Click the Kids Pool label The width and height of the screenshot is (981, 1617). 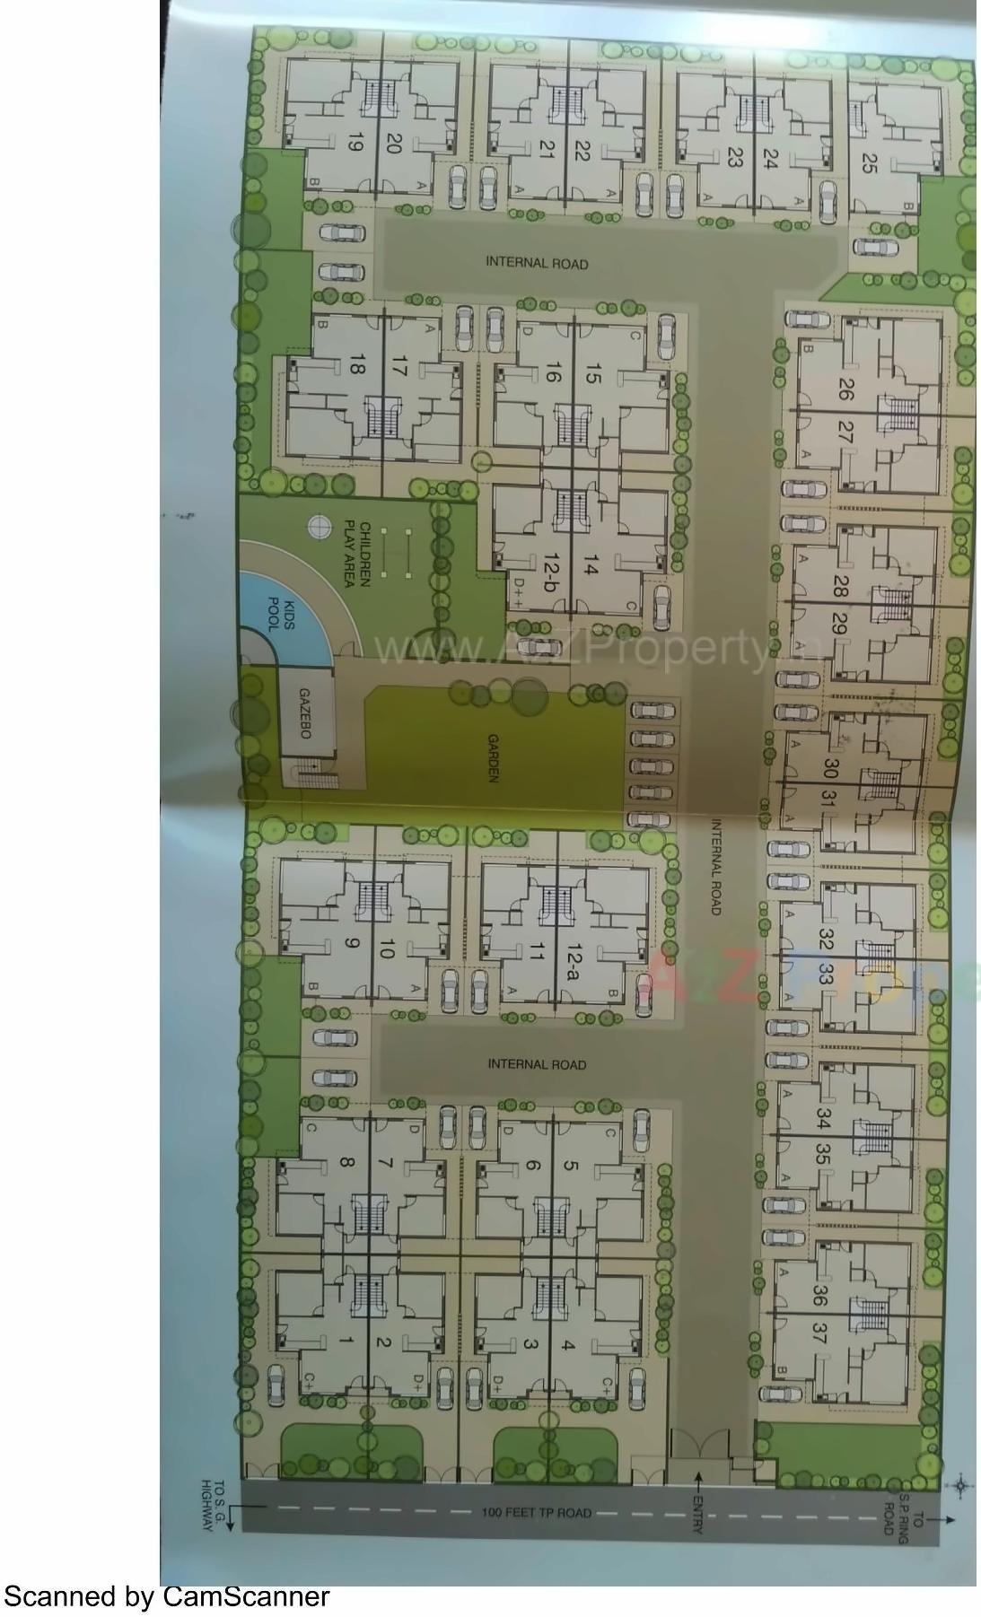[276, 615]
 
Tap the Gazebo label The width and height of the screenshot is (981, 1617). [304, 714]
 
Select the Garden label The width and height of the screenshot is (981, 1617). [493, 758]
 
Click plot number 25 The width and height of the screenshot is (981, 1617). [869, 162]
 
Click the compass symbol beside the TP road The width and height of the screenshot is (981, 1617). [961, 1485]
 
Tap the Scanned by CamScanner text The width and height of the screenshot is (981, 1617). [166, 1596]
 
